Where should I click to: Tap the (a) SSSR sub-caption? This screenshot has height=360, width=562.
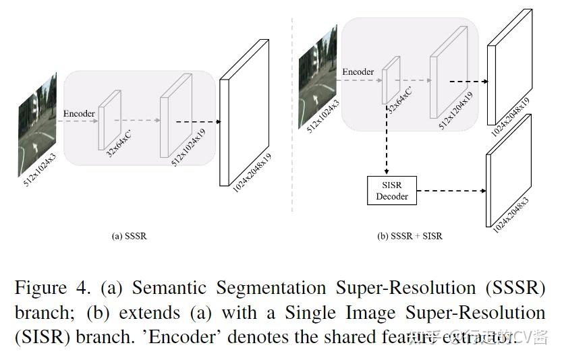coord(129,237)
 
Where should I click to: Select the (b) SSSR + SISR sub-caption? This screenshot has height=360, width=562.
coord(410,237)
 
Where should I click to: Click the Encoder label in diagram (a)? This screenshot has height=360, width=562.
coord(79,113)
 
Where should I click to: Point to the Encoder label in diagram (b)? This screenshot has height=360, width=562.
coord(358,72)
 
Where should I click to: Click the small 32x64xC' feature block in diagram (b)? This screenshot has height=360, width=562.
coord(389,80)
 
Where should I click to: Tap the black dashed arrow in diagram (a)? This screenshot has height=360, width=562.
coord(198,122)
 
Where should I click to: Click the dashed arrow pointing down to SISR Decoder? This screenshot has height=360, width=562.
coord(387,142)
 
